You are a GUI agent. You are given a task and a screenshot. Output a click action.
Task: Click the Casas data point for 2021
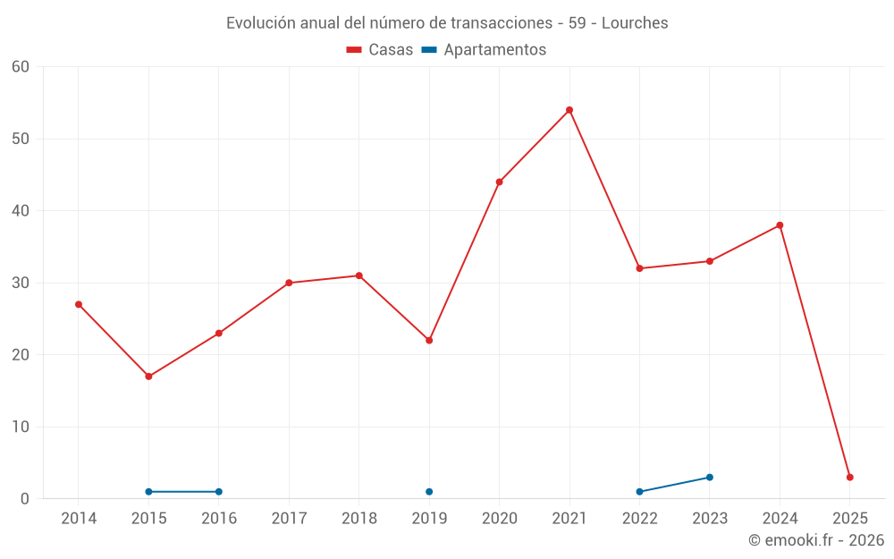click(569, 110)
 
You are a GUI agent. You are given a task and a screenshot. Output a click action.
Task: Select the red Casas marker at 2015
click(148, 377)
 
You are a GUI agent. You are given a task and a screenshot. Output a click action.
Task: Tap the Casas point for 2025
click(850, 478)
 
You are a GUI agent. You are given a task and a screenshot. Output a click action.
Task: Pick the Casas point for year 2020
click(499, 182)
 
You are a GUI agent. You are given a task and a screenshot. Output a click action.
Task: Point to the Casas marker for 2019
click(429, 341)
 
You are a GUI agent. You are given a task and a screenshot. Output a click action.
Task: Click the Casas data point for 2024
click(780, 225)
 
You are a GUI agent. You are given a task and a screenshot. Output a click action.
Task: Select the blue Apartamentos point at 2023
click(710, 478)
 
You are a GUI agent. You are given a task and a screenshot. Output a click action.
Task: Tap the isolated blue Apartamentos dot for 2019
click(429, 492)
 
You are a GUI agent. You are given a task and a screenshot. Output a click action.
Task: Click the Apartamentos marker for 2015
click(148, 492)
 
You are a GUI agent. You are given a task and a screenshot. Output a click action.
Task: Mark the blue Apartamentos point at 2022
click(639, 492)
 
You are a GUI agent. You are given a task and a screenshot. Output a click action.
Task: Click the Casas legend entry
click(380, 50)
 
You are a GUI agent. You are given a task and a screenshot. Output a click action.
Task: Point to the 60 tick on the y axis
click(21, 67)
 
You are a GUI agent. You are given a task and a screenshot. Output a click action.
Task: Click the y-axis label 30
click(21, 283)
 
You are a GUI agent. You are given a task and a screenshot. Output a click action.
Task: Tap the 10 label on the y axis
click(21, 427)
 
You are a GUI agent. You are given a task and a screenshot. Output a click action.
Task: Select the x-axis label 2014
click(79, 519)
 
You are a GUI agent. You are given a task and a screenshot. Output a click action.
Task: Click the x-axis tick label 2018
click(358, 519)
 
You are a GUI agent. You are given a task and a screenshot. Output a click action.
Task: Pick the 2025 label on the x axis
click(850, 519)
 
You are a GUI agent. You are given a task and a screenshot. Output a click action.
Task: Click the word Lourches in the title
click(635, 23)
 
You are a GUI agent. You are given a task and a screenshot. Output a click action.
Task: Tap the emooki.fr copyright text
click(816, 540)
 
